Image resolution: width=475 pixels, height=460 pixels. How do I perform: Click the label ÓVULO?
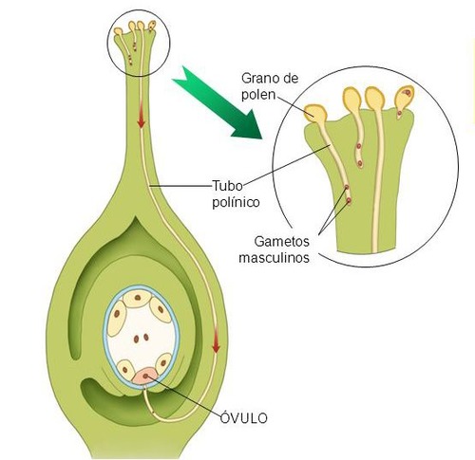(x=243, y=418)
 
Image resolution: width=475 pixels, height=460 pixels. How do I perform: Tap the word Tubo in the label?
(x=227, y=186)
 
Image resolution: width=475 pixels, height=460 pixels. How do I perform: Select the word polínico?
(x=236, y=202)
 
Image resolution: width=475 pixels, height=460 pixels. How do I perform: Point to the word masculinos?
(x=274, y=258)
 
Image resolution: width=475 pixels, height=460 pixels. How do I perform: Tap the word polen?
(x=258, y=94)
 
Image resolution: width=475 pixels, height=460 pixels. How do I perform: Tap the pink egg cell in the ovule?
(x=145, y=376)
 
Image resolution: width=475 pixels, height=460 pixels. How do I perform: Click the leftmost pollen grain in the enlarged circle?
(x=314, y=114)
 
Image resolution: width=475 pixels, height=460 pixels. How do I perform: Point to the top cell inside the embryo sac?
(x=138, y=298)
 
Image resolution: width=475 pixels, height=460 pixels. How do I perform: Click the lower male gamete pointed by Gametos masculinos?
(x=349, y=200)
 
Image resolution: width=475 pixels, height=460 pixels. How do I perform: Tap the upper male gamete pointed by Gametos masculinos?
(x=347, y=187)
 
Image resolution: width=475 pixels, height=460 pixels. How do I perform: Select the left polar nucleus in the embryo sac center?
(x=136, y=340)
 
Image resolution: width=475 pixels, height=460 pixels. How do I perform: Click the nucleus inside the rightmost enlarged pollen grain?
(x=408, y=93)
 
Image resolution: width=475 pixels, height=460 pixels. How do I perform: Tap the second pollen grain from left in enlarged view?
(x=352, y=99)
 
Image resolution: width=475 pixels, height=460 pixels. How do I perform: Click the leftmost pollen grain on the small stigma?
(x=119, y=31)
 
